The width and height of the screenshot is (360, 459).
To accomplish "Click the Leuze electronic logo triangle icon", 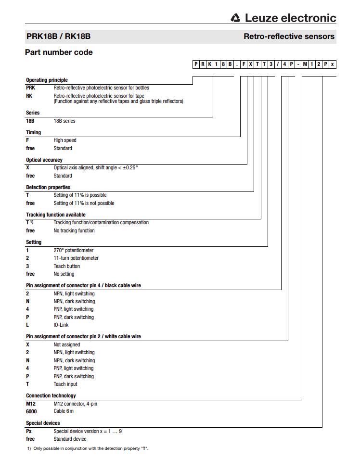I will coord(235,18).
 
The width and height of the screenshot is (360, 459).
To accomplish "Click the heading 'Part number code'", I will coord(59,52).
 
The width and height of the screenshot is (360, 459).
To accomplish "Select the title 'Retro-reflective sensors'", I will coord(289,36).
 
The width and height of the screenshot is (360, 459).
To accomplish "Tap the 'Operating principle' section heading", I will coord(47,80).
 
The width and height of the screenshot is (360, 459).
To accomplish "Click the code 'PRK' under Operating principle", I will coord(30,88).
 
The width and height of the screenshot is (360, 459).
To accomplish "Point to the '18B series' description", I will coord(64,121).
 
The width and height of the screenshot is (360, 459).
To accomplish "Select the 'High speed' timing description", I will coord(65,140).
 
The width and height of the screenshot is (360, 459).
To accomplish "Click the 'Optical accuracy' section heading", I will coord(44,160).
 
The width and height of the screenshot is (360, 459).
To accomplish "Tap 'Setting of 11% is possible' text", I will coord(80,195).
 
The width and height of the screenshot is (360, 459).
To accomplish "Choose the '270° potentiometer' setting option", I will coord(74,250).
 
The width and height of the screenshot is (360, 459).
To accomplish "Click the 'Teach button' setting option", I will coord(66,266).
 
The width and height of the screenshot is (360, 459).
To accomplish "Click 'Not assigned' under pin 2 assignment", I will coord(67,344).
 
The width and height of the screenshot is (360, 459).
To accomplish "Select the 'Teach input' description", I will coord(65,384).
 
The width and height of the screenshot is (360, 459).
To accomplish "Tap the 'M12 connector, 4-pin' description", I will coord(76,404).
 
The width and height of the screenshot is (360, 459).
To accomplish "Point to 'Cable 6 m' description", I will coord(64,411).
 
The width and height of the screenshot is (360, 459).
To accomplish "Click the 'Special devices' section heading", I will coord(43,423).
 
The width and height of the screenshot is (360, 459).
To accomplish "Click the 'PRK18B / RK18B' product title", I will coord(58,36).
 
